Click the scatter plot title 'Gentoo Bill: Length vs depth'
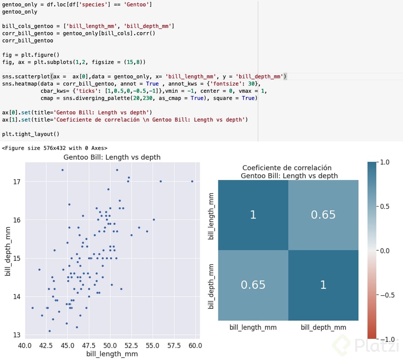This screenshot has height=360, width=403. [112, 157]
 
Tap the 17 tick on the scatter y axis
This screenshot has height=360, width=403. [17, 182]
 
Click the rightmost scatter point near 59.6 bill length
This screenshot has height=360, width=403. [192, 181]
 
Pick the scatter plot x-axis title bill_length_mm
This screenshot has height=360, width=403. [112, 354]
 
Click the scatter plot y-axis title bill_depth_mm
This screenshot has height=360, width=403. [8, 251]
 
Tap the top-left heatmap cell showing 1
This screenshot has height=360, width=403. [253, 215]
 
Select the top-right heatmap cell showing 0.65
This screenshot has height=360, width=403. [323, 215]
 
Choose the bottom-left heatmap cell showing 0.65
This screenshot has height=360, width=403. [253, 285]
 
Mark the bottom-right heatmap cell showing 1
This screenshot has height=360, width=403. [323, 285]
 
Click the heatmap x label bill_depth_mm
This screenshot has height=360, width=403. [323, 327]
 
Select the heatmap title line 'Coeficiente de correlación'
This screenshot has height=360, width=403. [287, 168]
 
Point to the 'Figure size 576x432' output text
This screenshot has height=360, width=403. [55, 148]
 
